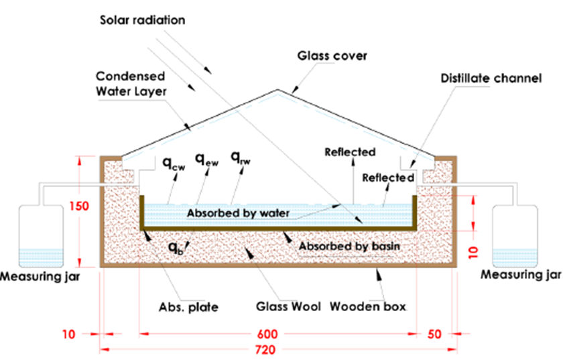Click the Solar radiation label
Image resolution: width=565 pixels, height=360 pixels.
click(141, 19)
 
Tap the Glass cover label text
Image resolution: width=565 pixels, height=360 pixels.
click(332, 56)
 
